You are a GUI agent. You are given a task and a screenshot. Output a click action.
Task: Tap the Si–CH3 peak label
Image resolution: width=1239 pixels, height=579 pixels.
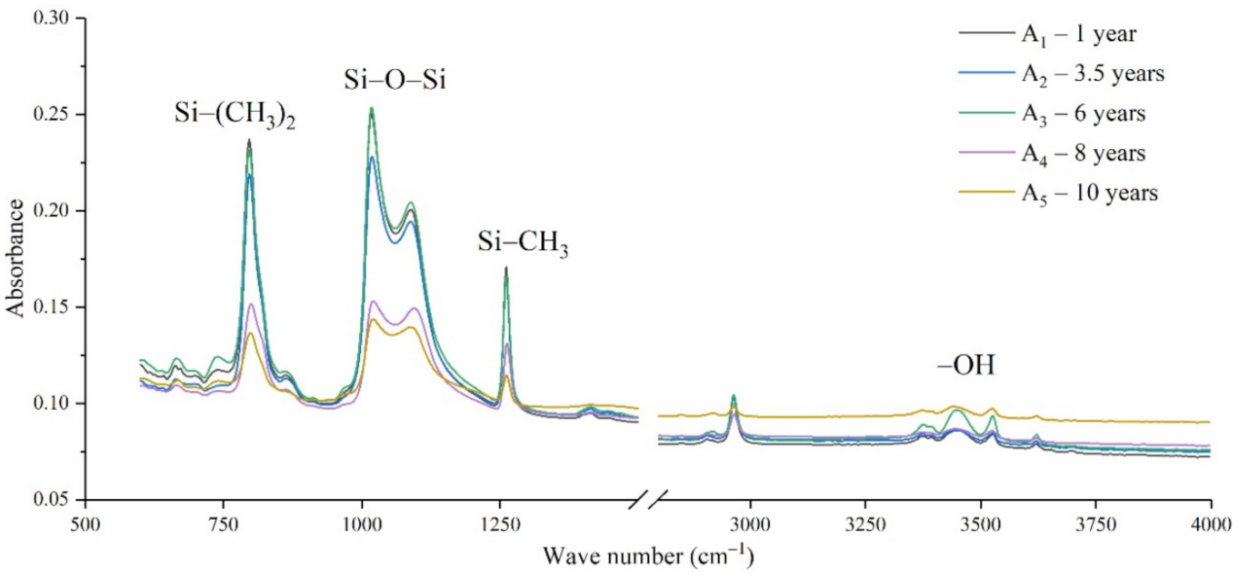tap(523, 244)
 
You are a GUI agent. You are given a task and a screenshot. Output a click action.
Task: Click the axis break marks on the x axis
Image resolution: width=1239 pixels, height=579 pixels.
tap(653, 499)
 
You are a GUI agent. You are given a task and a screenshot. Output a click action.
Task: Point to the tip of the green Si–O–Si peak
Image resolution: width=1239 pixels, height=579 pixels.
tap(371, 108)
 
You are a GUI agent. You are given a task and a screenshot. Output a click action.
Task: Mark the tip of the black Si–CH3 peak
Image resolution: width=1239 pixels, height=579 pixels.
tap(505, 267)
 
